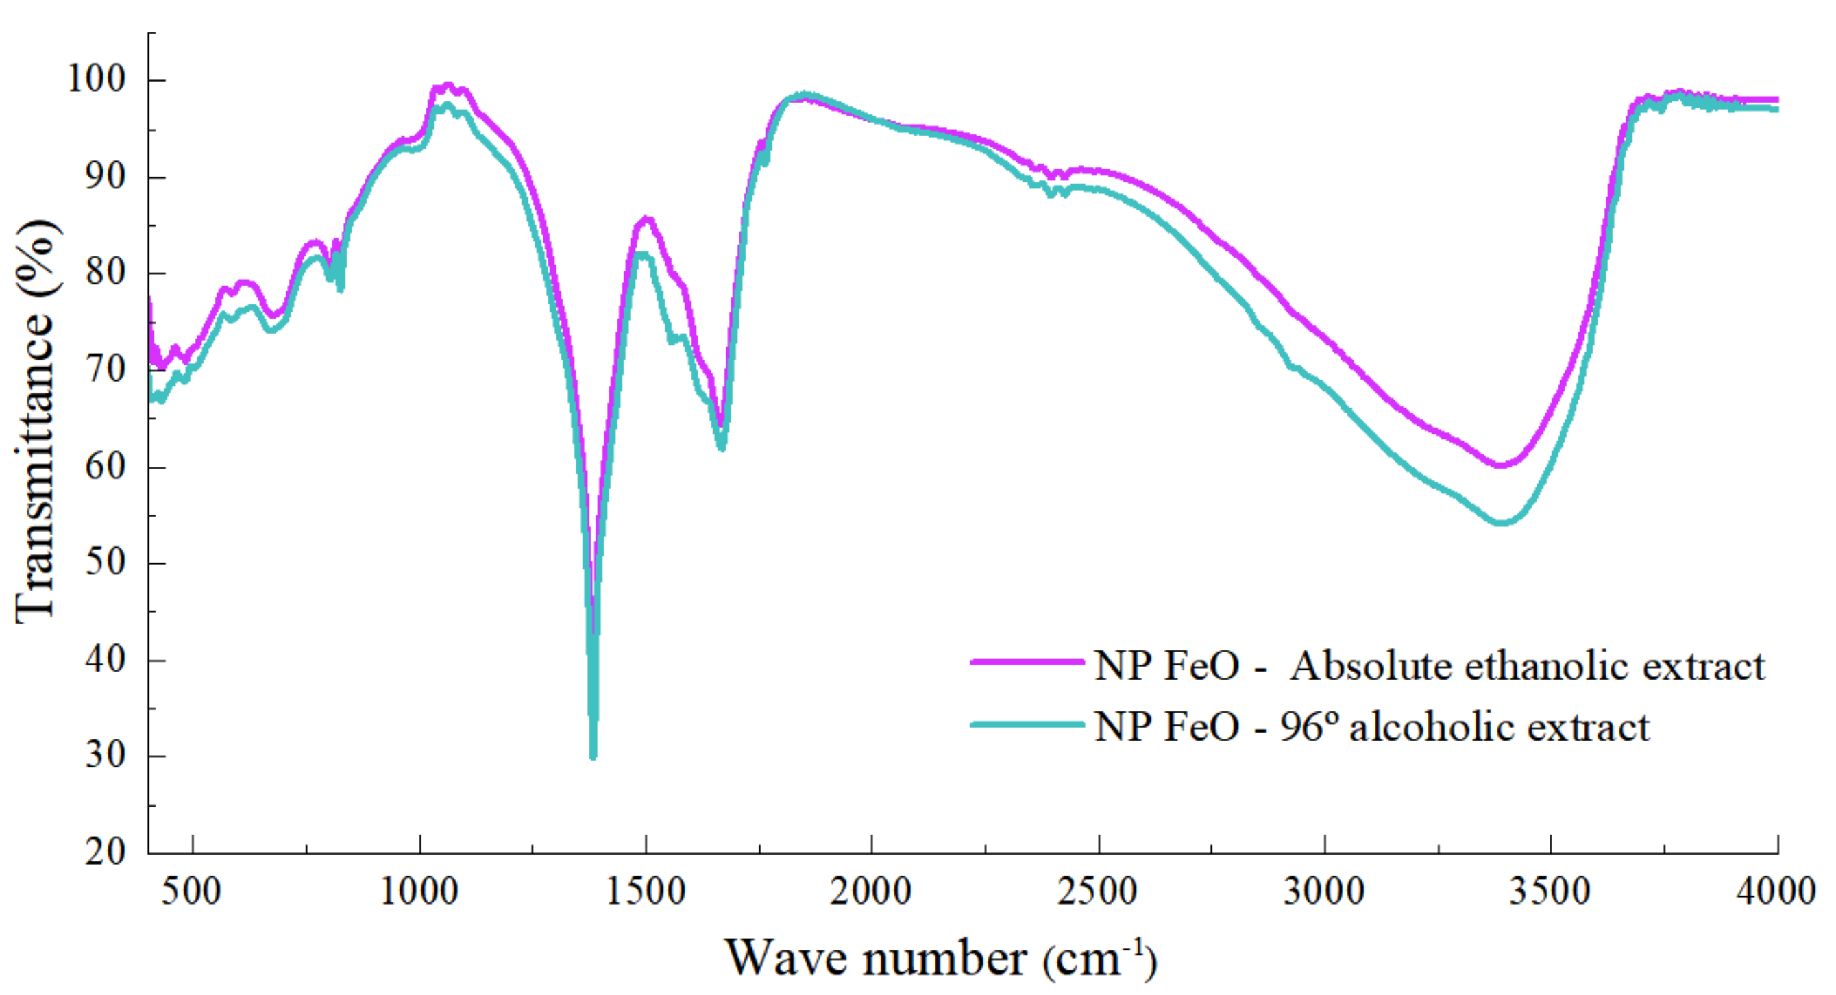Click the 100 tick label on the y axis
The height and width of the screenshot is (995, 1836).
click(x=96, y=79)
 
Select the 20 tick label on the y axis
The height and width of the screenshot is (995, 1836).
click(x=106, y=852)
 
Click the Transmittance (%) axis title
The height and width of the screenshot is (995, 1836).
click(x=36, y=421)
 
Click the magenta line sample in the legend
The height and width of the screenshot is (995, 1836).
click(x=1027, y=663)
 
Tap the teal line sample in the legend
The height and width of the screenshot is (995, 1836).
click(x=1027, y=725)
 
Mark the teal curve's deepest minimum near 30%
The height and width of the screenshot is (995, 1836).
click(x=593, y=756)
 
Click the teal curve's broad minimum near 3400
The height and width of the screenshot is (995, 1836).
click(x=1501, y=523)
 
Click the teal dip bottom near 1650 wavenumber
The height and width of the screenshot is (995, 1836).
click(x=721, y=447)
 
